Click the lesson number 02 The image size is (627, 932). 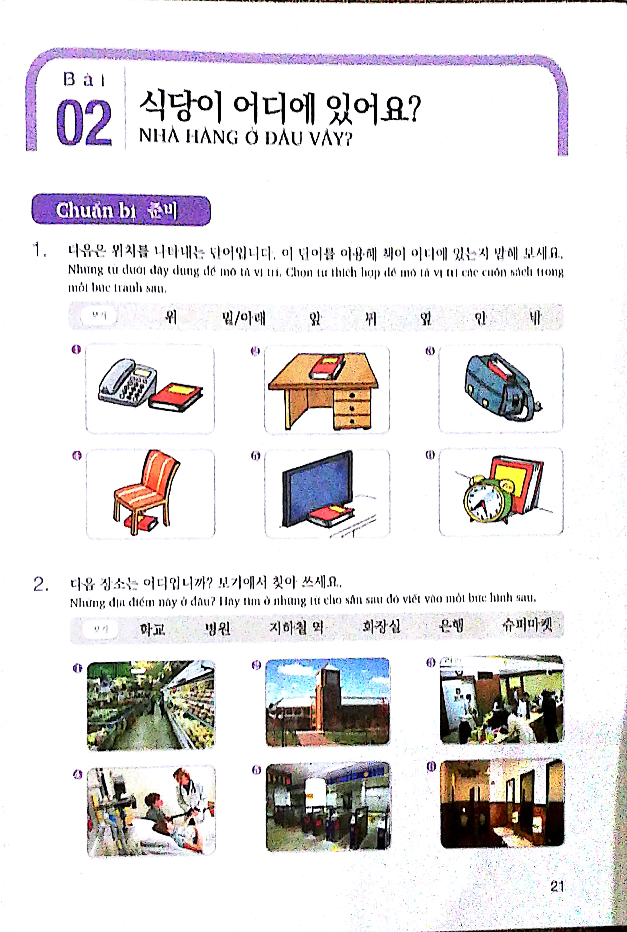84,122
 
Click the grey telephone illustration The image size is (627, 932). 127,381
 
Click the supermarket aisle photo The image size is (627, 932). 151,705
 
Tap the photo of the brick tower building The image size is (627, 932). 328,702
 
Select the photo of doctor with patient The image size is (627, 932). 151,811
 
